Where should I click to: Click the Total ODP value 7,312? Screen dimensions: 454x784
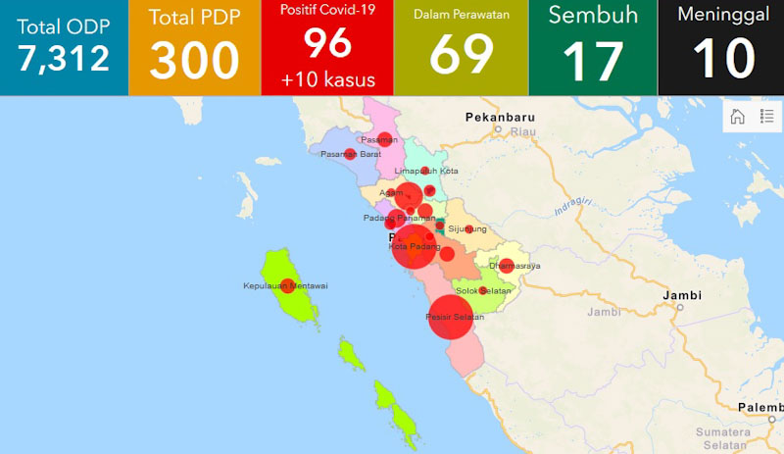(x=63, y=58)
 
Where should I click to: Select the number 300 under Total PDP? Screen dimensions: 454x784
(x=194, y=60)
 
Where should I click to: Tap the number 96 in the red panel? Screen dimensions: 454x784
(x=326, y=43)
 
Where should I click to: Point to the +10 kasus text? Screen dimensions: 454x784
(x=326, y=78)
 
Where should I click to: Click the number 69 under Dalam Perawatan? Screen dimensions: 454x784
(x=461, y=56)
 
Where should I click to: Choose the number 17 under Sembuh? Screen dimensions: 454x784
(x=593, y=60)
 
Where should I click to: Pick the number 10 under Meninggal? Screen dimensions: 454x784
(x=723, y=60)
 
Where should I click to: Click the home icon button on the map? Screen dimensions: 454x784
(x=737, y=117)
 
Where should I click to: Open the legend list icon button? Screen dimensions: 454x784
(x=766, y=117)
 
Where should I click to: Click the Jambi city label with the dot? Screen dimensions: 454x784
(x=682, y=295)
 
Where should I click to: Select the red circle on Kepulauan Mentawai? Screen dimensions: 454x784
(x=287, y=286)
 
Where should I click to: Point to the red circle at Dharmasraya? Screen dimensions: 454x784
(x=506, y=265)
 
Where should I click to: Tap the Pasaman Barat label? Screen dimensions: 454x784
(x=350, y=154)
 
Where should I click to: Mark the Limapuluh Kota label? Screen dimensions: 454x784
(x=426, y=171)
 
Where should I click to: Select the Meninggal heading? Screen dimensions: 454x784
(x=723, y=15)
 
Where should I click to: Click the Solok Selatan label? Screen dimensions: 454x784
(x=484, y=291)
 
